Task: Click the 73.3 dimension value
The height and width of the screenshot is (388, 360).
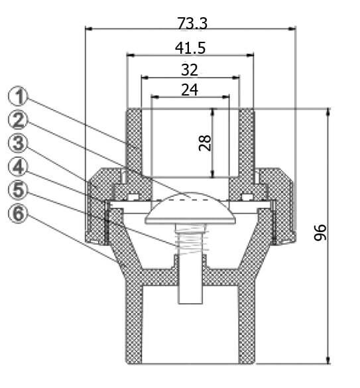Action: pyautogui.click(x=192, y=23)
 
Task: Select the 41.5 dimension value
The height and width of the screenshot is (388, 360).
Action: pyautogui.click(x=190, y=48)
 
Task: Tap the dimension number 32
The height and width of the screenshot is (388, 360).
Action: pyautogui.click(x=190, y=70)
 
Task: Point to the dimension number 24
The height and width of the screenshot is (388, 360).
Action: pyautogui.click(x=190, y=90)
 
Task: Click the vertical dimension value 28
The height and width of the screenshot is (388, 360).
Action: pyautogui.click(x=205, y=143)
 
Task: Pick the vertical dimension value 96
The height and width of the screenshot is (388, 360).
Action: pyautogui.click(x=320, y=232)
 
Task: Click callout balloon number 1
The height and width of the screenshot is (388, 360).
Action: pyautogui.click(x=18, y=97)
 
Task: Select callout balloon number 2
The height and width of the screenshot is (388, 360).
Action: pyautogui.click(x=18, y=121)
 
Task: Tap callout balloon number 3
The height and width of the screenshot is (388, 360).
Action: pyautogui.click(x=18, y=144)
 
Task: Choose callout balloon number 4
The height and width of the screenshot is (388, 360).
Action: pyautogui.click(x=18, y=167)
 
